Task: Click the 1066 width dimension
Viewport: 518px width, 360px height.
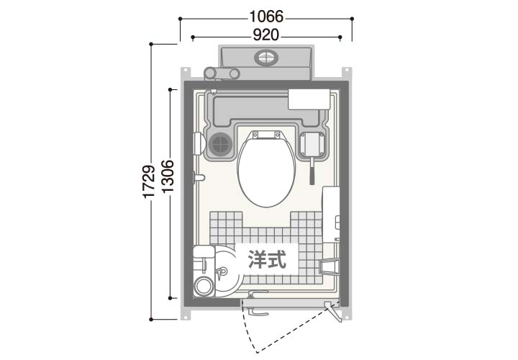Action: tap(266, 17)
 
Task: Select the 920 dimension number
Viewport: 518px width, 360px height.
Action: tap(266, 35)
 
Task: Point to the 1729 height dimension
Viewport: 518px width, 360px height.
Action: tap(149, 181)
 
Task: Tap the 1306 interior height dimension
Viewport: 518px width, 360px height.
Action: tap(168, 176)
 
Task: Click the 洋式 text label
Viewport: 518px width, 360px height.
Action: tap(267, 259)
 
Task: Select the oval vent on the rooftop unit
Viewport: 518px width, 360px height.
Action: tap(266, 58)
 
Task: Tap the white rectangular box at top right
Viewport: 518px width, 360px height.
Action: tap(309, 99)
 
